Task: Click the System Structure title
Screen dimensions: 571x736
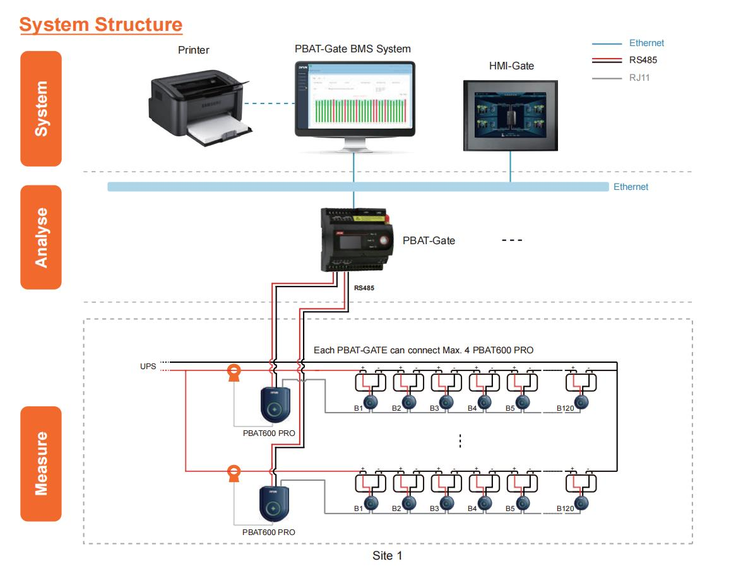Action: click(101, 25)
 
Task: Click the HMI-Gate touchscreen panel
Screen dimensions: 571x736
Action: click(511, 115)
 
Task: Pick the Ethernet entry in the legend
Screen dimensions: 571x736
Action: click(646, 44)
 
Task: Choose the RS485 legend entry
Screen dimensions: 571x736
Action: click(643, 61)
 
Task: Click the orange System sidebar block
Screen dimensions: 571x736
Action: click(41, 109)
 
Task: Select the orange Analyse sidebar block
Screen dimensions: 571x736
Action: click(41, 237)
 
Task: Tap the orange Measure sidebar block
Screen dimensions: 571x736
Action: click(41, 464)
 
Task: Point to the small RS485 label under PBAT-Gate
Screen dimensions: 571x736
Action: click(365, 288)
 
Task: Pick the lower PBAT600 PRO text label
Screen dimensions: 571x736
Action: click(268, 532)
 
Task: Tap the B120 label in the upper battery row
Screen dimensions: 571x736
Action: click(564, 409)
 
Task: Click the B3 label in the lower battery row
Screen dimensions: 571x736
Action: click(434, 509)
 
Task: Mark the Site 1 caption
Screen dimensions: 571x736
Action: click(386, 556)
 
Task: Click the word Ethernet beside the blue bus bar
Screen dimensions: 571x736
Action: click(631, 187)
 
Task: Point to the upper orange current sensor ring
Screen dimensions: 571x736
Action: click(234, 372)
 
